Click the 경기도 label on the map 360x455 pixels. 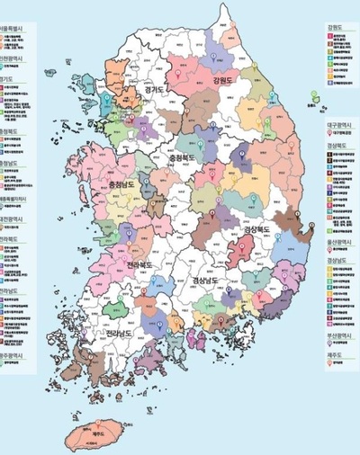click(x=141, y=90)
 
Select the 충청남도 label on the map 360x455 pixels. click(x=119, y=187)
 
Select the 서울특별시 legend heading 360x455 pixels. click(x=14, y=30)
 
